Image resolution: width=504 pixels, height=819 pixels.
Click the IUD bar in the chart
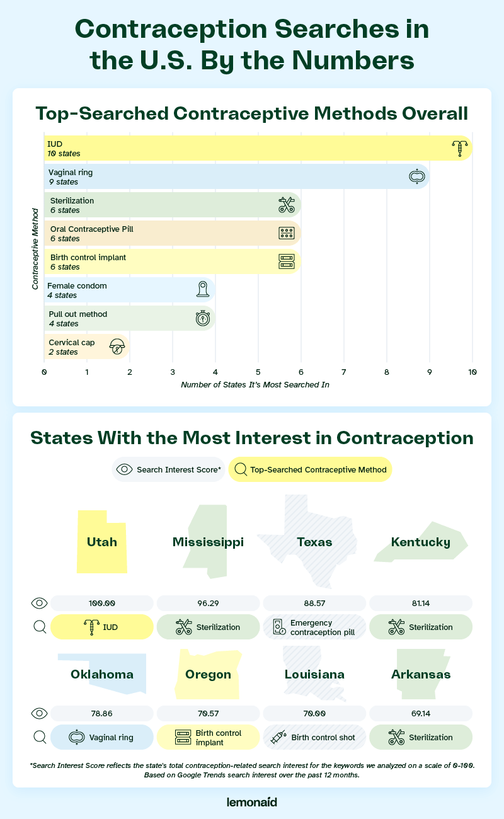click(x=252, y=148)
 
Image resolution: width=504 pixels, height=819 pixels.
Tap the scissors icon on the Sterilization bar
click(x=287, y=205)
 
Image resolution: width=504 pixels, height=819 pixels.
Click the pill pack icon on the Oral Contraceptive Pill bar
click(x=287, y=233)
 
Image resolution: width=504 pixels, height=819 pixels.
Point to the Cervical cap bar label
click(x=64, y=347)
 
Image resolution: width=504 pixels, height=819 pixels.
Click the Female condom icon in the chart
click(x=202, y=290)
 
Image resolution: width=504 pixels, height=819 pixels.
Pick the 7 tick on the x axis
click(x=344, y=372)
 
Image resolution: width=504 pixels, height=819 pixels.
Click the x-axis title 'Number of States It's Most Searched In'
click(x=255, y=385)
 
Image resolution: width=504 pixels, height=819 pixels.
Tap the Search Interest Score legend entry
click(x=168, y=469)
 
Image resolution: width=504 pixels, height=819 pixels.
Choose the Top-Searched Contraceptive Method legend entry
click(x=311, y=469)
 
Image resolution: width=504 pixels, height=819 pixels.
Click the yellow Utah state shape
click(x=101, y=542)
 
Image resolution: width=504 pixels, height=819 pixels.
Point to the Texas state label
click(x=315, y=542)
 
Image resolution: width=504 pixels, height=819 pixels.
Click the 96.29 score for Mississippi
click(x=208, y=603)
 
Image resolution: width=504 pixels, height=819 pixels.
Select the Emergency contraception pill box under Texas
click(x=314, y=627)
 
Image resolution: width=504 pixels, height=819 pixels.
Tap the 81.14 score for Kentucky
click(x=420, y=603)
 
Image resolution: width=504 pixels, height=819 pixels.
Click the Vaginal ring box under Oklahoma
click(x=101, y=737)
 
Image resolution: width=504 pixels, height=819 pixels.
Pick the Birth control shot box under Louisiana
click(x=314, y=737)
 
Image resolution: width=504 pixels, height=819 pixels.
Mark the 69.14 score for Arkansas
click(x=420, y=713)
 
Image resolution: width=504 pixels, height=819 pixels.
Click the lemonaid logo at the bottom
click(x=251, y=802)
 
